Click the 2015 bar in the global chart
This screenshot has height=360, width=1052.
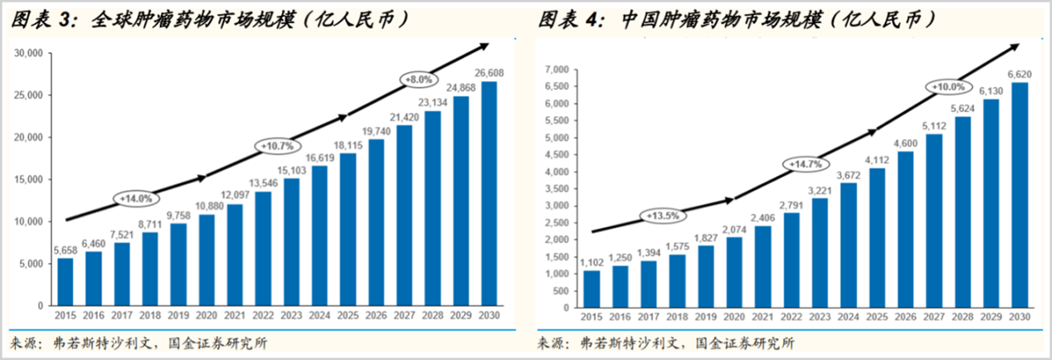tap(66, 282)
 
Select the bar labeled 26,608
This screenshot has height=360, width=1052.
tap(489, 194)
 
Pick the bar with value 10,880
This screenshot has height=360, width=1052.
tap(207, 260)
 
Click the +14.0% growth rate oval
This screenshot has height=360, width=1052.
tap(134, 199)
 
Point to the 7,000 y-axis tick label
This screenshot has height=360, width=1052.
tap(554, 70)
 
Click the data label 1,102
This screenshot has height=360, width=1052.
tap(591, 261)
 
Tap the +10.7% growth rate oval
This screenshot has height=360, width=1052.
tap(276, 146)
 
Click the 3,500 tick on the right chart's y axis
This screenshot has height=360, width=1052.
tap(554, 188)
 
